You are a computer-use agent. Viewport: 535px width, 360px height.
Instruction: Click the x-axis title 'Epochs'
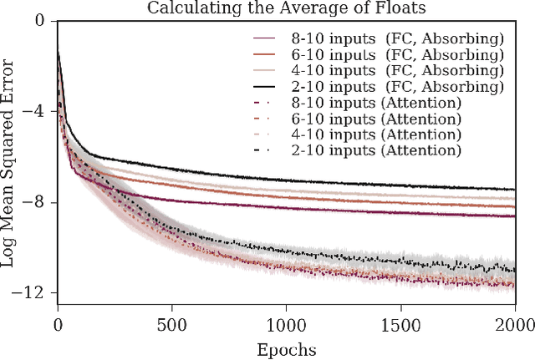286,348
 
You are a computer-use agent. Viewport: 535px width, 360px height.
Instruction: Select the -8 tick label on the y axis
38,202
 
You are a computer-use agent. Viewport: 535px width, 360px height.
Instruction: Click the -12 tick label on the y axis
34,292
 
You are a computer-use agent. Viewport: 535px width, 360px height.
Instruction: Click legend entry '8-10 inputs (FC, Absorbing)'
380,39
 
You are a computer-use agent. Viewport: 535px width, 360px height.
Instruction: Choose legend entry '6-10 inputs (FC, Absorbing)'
380,55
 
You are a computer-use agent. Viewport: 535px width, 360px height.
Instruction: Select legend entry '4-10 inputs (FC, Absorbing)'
380,71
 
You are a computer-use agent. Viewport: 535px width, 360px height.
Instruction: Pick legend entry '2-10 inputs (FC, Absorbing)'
380,87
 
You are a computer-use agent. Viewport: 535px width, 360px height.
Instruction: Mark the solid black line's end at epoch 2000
513,190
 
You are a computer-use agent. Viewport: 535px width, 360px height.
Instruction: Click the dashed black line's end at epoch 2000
513,269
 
